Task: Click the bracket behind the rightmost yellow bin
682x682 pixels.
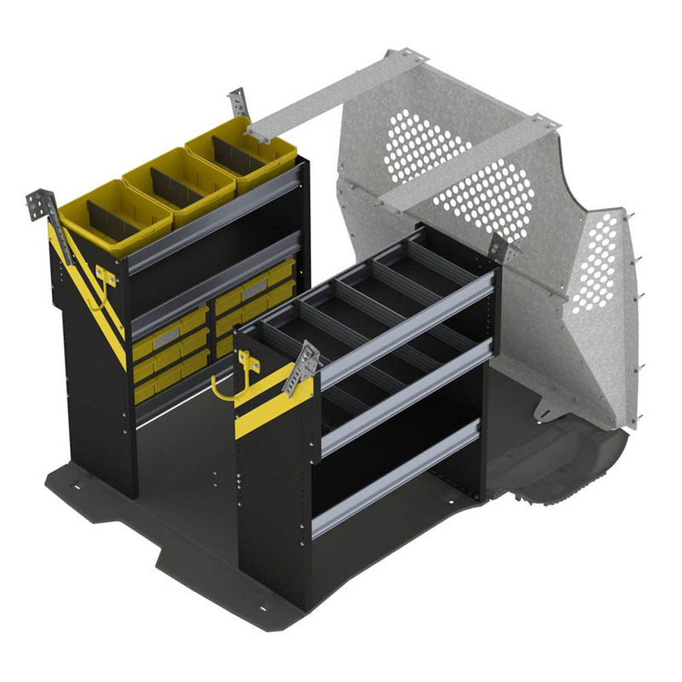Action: pyautogui.click(x=240, y=102)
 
